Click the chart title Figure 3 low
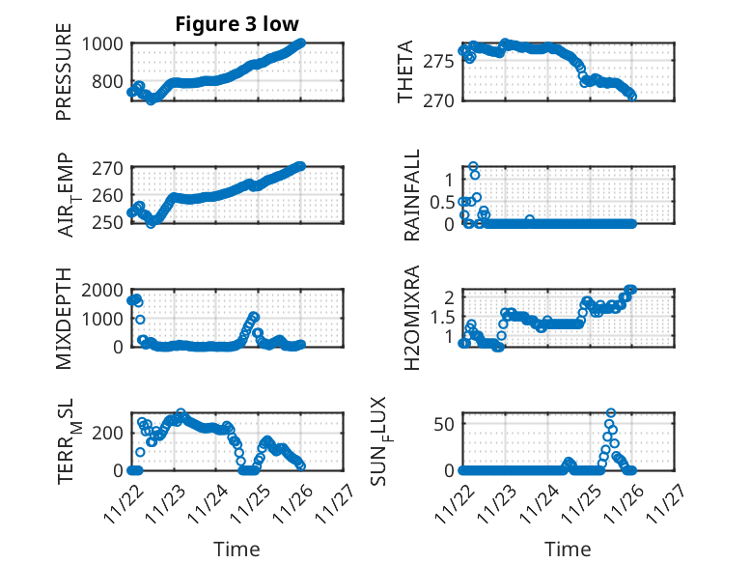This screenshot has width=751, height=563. pyautogui.click(x=236, y=24)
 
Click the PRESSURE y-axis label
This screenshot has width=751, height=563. pyautogui.click(x=64, y=77)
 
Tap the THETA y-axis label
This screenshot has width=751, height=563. pyautogui.click(x=406, y=71)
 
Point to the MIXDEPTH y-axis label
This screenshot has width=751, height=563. pyautogui.click(x=64, y=317)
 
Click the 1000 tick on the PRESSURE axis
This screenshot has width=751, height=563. pyautogui.click(x=102, y=43)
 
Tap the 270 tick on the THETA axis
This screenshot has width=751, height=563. pyautogui.click(x=439, y=99)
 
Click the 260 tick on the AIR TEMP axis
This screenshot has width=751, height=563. pyautogui.click(x=108, y=195)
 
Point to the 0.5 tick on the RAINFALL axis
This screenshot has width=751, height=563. pyautogui.click(x=440, y=201)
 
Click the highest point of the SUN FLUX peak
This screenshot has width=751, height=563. pyautogui.click(x=611, y=412)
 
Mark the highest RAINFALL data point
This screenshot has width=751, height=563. pyautogui.click(x=473, y=166)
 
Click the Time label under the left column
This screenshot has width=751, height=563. pyautogui.click(x=236, y=549)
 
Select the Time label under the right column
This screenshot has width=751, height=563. pyautogui.click(x=569, y=549)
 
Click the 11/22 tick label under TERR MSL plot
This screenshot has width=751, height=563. pyautogui.click(x=121, y=502)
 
